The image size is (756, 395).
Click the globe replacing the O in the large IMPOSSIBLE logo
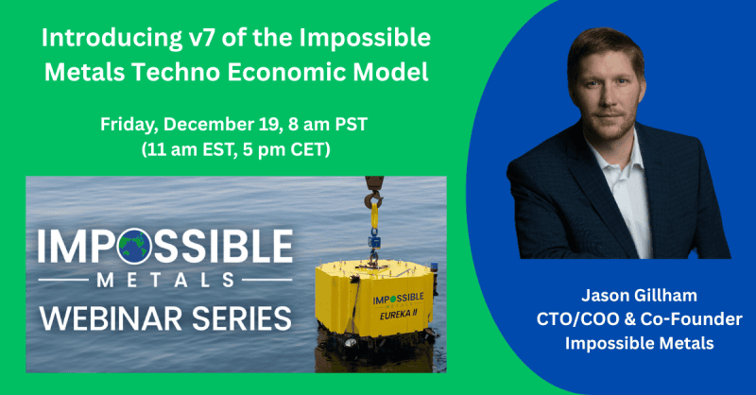[x=130, y=248]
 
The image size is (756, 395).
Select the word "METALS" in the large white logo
[x=158, y=280]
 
